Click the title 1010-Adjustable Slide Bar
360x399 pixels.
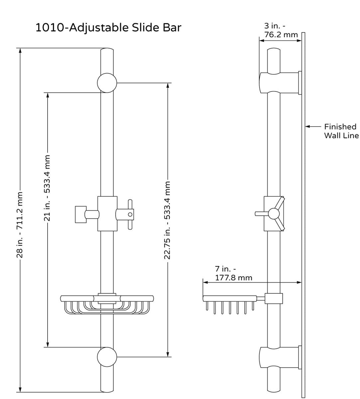pyautogui.click(x=108, y=28)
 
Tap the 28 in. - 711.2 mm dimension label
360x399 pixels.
pyautogui.click(x=20, y=224)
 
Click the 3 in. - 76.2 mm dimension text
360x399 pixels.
pyautogui.click(x=276, y=30)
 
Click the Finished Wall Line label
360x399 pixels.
pyautogui.click(x=341, y=131)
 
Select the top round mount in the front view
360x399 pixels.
pyautogui.click(x=107, y=83)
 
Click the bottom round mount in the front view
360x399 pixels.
pyautogui.click(x=107, y=357)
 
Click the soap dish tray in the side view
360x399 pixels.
pyautogui.click(x=230, y=299)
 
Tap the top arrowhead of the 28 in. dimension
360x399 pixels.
pyautogui.click(x=20, y=51)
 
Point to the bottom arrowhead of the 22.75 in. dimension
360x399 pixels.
pyautogui.click(x=168, y=354)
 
